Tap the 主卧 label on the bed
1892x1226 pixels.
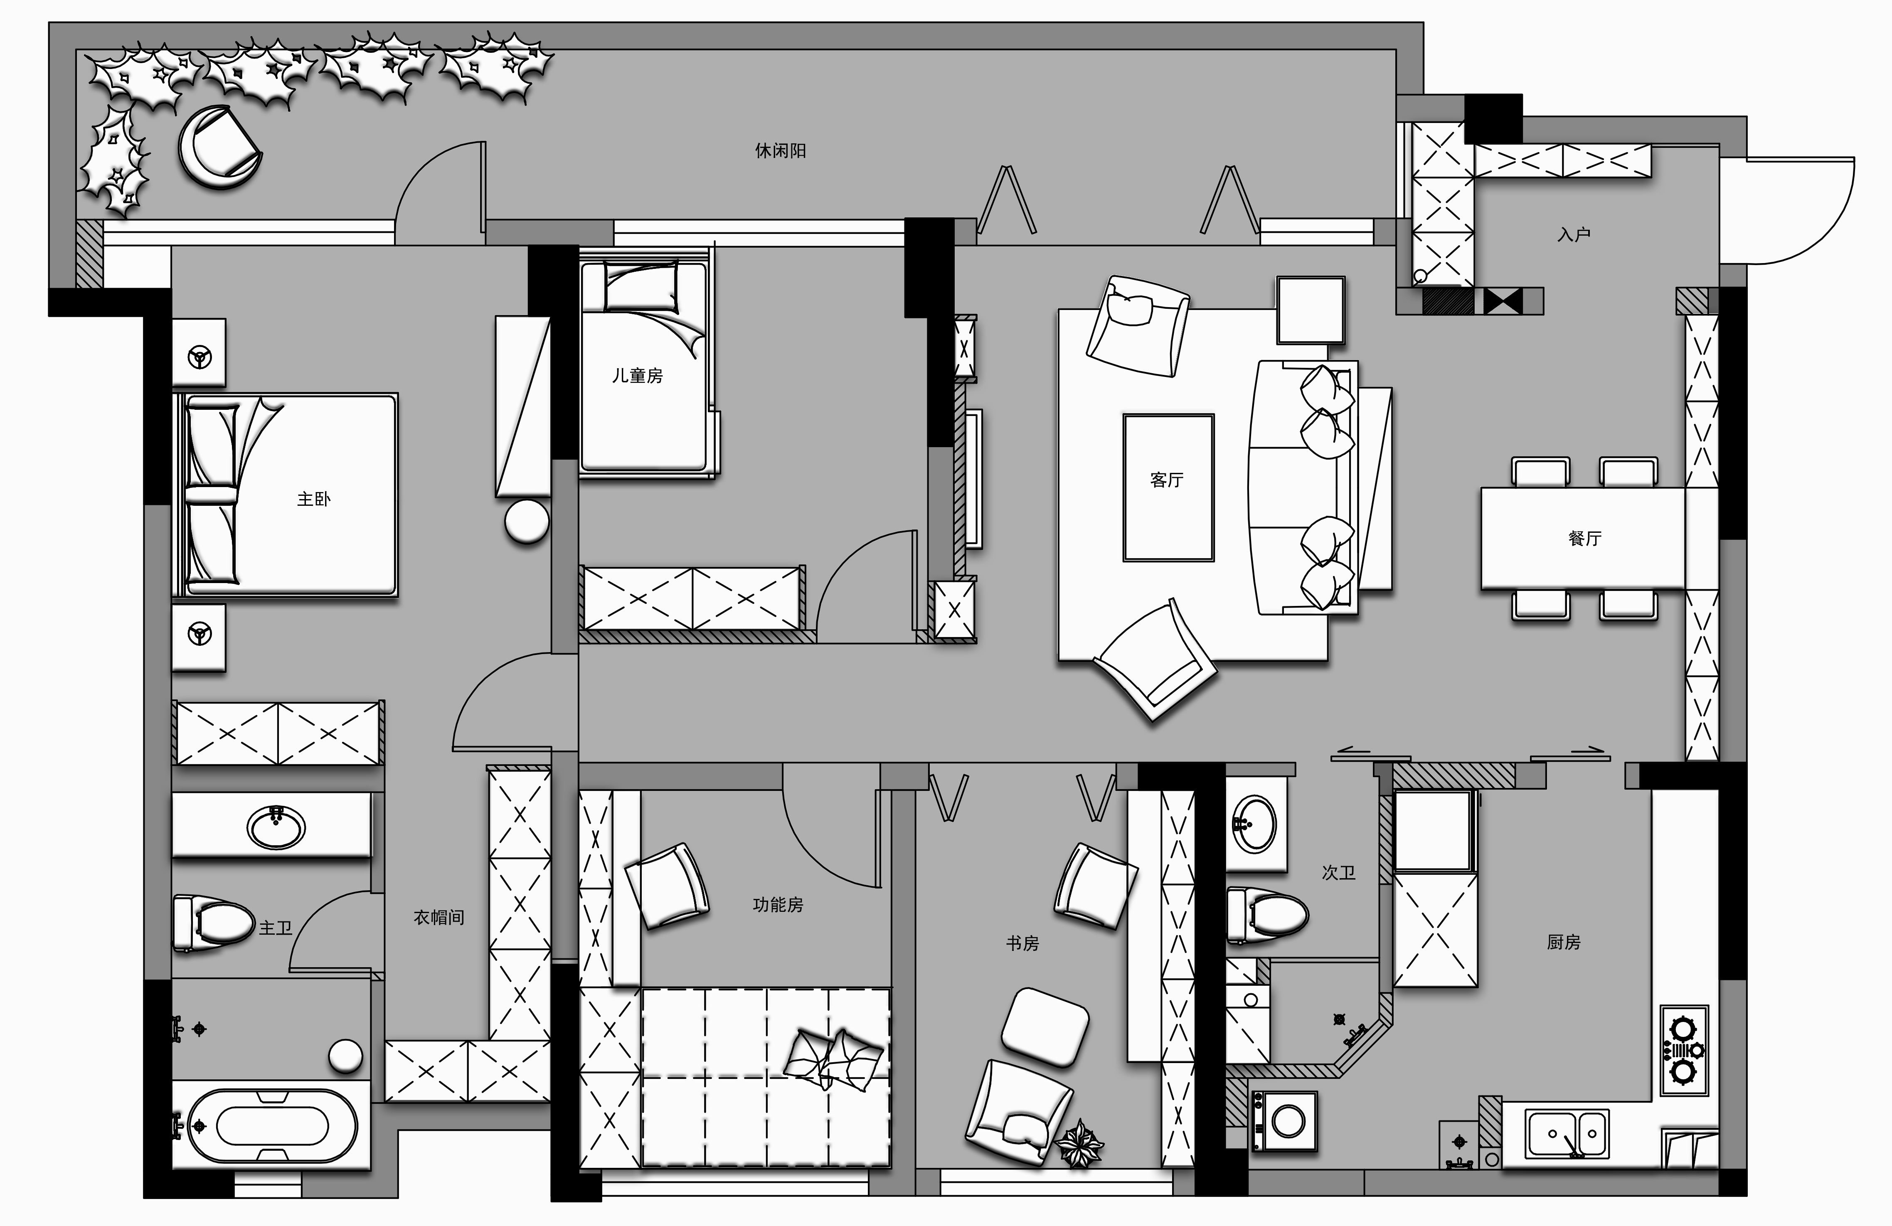[x=313, y=499]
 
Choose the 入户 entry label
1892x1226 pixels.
[x=1574, y=234]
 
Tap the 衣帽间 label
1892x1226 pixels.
[x=439, y=918]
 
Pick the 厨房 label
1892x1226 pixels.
[x=1564, y=942]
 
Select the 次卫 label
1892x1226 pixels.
[x=1339, y=873]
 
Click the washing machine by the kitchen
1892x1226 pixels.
[x=1284, y=1121]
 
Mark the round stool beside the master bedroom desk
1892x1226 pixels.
[x=527, y=522]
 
